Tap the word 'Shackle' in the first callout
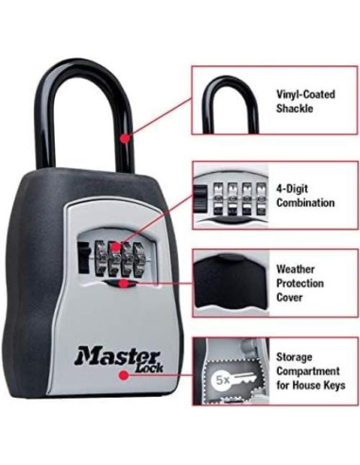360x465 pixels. pos(294,109)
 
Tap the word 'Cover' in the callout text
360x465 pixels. pos(290,297)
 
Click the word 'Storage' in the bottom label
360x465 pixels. pos(295,356)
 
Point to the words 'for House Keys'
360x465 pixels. pos(310,386)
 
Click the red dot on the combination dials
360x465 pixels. pos(115,249)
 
